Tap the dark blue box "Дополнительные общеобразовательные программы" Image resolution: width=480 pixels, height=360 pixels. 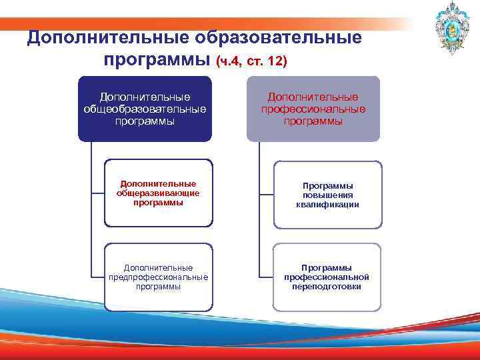145,109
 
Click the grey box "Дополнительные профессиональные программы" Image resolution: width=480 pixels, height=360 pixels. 313,109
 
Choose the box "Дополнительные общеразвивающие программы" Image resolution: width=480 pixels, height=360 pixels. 158,193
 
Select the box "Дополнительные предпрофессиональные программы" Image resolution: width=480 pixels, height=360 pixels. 158,277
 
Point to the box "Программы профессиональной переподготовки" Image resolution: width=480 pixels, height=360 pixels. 327,277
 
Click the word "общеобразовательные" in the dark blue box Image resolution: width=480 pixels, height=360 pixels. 145,109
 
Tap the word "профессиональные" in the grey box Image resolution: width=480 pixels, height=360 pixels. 313,109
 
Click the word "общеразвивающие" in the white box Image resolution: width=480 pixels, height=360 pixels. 158,193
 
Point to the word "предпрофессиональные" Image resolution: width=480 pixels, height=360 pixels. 158,277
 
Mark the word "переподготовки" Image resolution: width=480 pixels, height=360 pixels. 327,287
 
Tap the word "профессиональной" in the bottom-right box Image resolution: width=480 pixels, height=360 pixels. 327,277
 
